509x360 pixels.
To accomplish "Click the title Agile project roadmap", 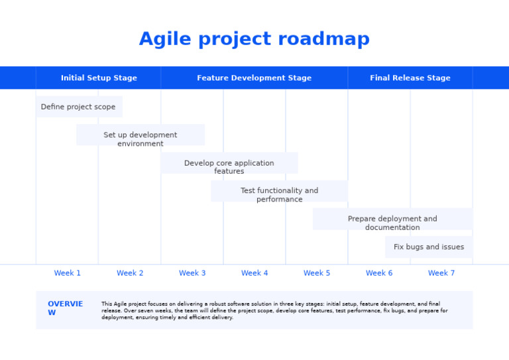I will click(x=254, y=40).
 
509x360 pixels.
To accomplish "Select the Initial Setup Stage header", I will click(x=99, y=78).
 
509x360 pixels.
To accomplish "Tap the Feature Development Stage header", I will click(x=254, y=78).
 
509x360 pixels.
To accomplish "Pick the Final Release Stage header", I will click(x=410, y=78).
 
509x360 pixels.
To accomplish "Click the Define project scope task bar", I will click(x=79, y=107).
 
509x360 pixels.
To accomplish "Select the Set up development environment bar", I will click(x=141, y=135).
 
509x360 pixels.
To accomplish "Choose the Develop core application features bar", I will click(x=229, y=163).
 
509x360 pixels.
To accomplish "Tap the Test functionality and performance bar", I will click(x=279, y=191).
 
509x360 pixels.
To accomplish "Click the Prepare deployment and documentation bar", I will click(x=392, y=219).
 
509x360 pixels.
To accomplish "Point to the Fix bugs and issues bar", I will click(x=429, y=247).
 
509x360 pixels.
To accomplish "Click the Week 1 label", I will click(x=68, y=273).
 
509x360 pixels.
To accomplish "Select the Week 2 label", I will click(x=130, y=273).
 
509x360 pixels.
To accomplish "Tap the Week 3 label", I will click(x=192, y=273).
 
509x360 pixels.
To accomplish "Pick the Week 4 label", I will click(x=254, y=273).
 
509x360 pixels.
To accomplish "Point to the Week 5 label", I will click(x=317, y=273).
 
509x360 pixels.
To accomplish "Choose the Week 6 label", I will click(x=379, y=273).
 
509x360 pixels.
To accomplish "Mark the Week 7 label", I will click(x=441, y=273).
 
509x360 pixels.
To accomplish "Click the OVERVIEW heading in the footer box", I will click(x=65, y=308).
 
